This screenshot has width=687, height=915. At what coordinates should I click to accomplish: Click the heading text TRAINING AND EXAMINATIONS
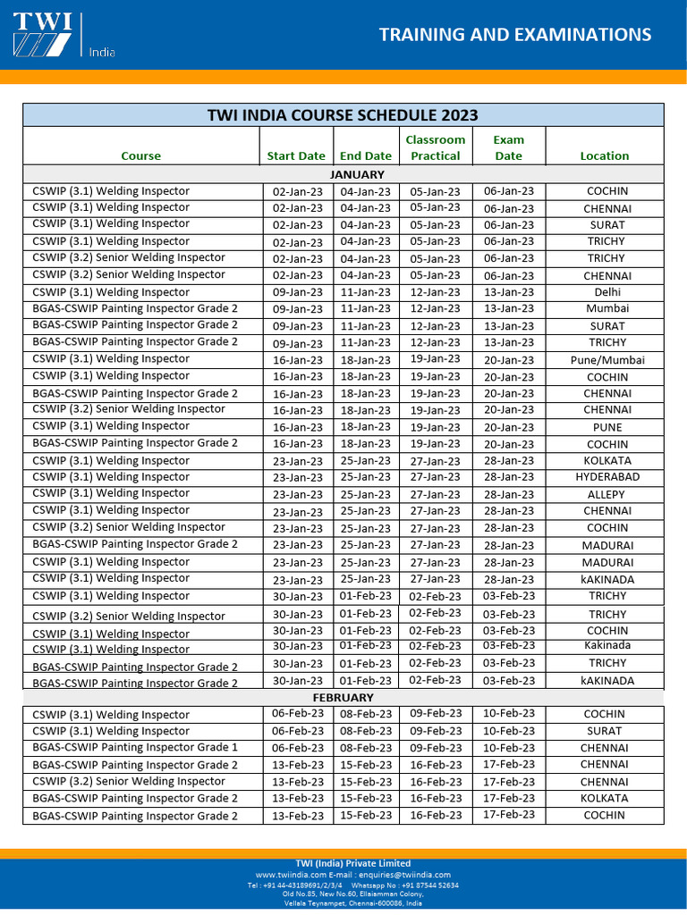tap(514, 35)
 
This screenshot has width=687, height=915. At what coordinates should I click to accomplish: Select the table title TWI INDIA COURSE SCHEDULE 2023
tap(343, 115)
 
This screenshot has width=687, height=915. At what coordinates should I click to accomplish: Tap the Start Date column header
tap(296, 155)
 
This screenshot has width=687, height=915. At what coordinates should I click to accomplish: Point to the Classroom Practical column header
tap(436, 147)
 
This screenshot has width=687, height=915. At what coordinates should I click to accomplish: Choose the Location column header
tap(604, 155)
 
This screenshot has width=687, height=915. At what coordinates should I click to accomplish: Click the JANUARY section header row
tap(357, 174)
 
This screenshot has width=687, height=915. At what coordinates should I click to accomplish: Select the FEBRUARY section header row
tap(343, 697)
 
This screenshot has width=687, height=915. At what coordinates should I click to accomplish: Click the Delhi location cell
tap(607, 292)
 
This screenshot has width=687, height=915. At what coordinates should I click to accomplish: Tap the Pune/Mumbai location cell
tap(607, 360)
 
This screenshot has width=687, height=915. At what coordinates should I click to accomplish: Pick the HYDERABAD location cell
tap(607, 477)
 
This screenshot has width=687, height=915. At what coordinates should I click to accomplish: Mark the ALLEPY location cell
tap(606, 494)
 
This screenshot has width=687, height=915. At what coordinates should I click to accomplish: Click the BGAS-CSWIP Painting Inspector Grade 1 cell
tap(135, 748)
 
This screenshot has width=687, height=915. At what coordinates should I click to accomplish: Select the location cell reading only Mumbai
tap(607, 309)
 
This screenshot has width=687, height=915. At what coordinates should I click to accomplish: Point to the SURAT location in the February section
tap(604, 731)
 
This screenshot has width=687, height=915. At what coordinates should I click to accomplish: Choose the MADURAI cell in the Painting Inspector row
tap(607, 545)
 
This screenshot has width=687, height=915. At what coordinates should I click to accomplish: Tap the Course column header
tap(140, 155)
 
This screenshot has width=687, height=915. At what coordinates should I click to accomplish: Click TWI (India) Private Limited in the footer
tap(352, 863)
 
